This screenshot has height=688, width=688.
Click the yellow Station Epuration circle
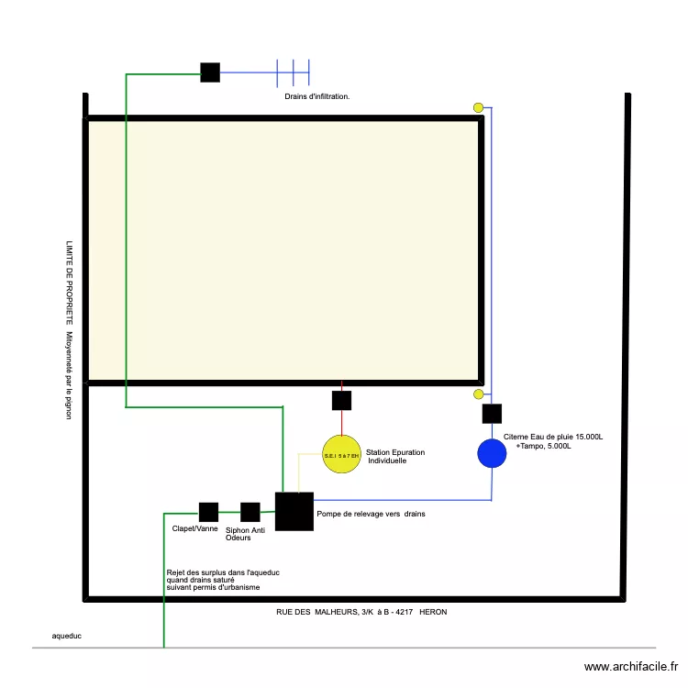point(341,454)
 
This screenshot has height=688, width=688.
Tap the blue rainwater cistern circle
point(493,453)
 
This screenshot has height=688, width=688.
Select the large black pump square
point(294,512)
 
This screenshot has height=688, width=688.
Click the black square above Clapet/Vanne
point(208,512)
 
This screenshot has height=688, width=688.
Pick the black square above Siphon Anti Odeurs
point(250,512)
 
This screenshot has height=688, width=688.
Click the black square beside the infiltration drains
point(210,72)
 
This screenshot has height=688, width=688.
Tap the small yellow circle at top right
point(478,107)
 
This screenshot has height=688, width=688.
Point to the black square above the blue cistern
point(492,414)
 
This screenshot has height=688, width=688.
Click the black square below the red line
point(341,400)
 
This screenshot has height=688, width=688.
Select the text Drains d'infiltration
point(316,95)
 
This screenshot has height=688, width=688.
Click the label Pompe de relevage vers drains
point(371,514)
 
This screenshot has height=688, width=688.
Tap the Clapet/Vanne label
point(195,529)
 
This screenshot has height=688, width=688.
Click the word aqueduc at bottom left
point(67,635)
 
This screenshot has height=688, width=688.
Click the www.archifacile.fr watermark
point(630,667)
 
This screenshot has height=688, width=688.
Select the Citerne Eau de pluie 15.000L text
point(553,437)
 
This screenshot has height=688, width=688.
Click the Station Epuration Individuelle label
point(395,456)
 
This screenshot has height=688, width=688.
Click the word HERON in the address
point(433,612)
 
